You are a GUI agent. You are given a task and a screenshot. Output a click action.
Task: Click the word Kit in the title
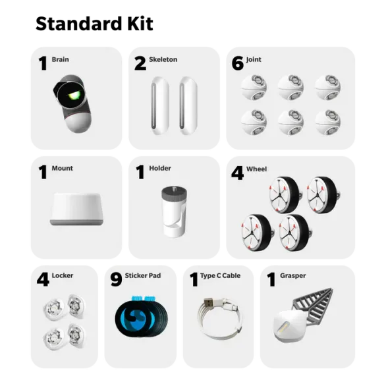[x=140, y=24]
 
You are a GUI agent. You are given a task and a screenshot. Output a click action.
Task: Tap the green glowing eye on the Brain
[x=74, y=96]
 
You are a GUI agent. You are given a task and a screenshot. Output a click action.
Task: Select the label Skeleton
[x=163, y=59]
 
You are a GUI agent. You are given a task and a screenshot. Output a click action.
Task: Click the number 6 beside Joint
[x=238, y=63]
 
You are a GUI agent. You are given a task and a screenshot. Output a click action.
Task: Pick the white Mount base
[x=76, y=209]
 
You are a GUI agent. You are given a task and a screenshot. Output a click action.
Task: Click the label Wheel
[x=256, y=169]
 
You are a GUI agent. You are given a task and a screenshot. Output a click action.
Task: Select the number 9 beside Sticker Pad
[x=116, y=279]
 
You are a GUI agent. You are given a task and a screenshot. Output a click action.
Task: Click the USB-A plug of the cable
[x=208, y=302]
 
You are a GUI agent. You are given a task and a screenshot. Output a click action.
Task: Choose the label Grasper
[x=292, y=276]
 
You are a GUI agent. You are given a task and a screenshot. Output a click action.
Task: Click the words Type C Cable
[x=220, y=276]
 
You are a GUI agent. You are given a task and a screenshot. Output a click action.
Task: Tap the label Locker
[x=63, y=275]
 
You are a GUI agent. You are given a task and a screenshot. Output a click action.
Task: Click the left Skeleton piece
[x=160, y=105]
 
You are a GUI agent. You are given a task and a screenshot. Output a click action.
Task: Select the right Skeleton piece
[x=188, y=105]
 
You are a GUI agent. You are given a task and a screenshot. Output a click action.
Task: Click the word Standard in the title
[x=79, y=24]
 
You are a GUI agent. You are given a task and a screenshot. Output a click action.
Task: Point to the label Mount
[x=63, y=169]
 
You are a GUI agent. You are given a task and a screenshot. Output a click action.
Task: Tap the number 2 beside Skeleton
[x=140, y=63]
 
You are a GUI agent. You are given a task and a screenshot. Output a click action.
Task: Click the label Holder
[x=160, y=169]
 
